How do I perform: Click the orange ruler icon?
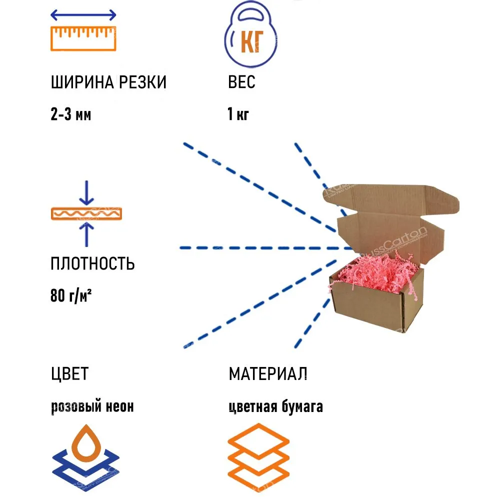tap(83, 38)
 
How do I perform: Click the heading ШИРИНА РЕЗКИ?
tap(108, 82)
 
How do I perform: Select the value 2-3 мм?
tap(71, 115)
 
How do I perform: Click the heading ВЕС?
tap(241, 82)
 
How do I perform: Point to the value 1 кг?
tap(238, 115)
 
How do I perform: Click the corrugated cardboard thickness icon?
tap(86, 213)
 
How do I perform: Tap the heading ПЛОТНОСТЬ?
tap(92, 263)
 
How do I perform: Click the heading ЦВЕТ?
tap(69, 373)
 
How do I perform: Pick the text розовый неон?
tap(92, 406)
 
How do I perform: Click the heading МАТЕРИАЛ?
tap(268, 373)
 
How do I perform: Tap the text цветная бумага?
tap(276, 406)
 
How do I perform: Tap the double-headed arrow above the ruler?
tap(83, 15)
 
